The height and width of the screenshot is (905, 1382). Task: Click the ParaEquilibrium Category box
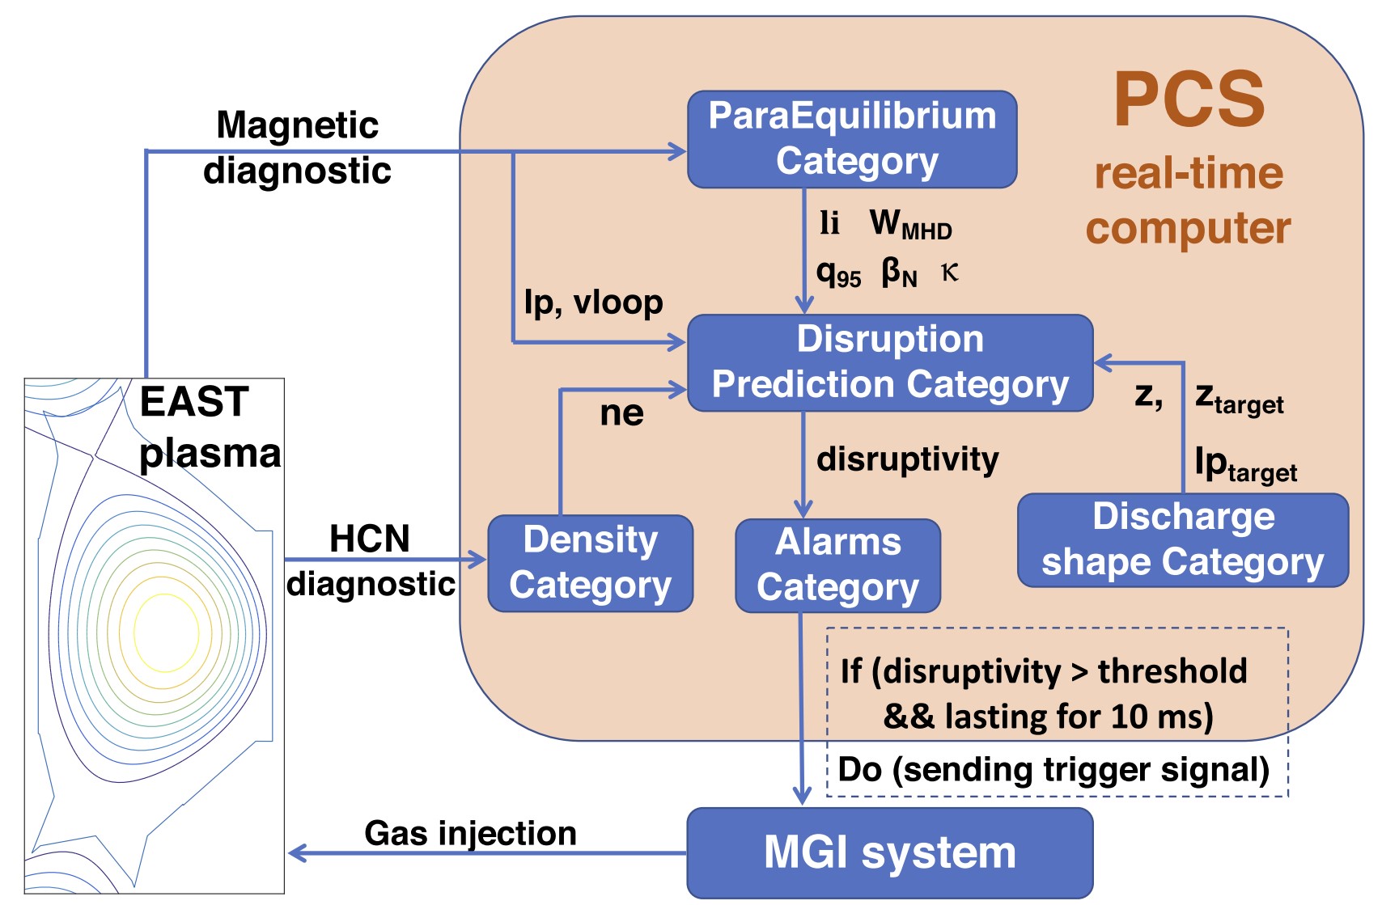pos(852,139)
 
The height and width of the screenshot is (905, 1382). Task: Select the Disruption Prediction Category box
pos(890,362)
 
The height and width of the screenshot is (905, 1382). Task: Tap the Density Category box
pos(591,563)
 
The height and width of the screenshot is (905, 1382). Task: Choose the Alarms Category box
pos(837,565)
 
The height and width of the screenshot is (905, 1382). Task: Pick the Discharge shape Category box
pos(1183,540)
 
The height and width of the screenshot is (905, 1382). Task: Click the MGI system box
pos(890,852)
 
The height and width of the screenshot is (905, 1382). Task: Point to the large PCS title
pos(1189,100)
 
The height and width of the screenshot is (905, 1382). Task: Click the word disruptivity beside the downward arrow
pos(908,459)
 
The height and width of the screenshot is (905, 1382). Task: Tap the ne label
pos(621,413)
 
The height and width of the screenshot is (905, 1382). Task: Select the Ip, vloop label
pos(593,302)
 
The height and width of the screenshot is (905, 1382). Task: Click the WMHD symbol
pos(910,224)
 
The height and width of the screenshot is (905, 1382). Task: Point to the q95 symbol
pos(838,274)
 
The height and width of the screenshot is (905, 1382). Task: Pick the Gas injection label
pos(470,833)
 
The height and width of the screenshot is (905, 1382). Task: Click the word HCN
pos(370,539)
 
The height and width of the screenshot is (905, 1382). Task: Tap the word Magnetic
pos(298,125)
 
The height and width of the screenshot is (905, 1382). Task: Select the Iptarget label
pos(1245,465)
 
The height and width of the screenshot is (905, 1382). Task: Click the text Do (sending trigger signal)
pos(1053,769)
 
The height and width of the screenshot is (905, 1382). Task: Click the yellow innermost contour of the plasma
pos(166,633)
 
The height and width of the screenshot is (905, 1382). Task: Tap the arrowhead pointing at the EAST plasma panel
pos(296,853)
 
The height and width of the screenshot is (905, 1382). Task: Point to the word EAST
pos(194,402)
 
